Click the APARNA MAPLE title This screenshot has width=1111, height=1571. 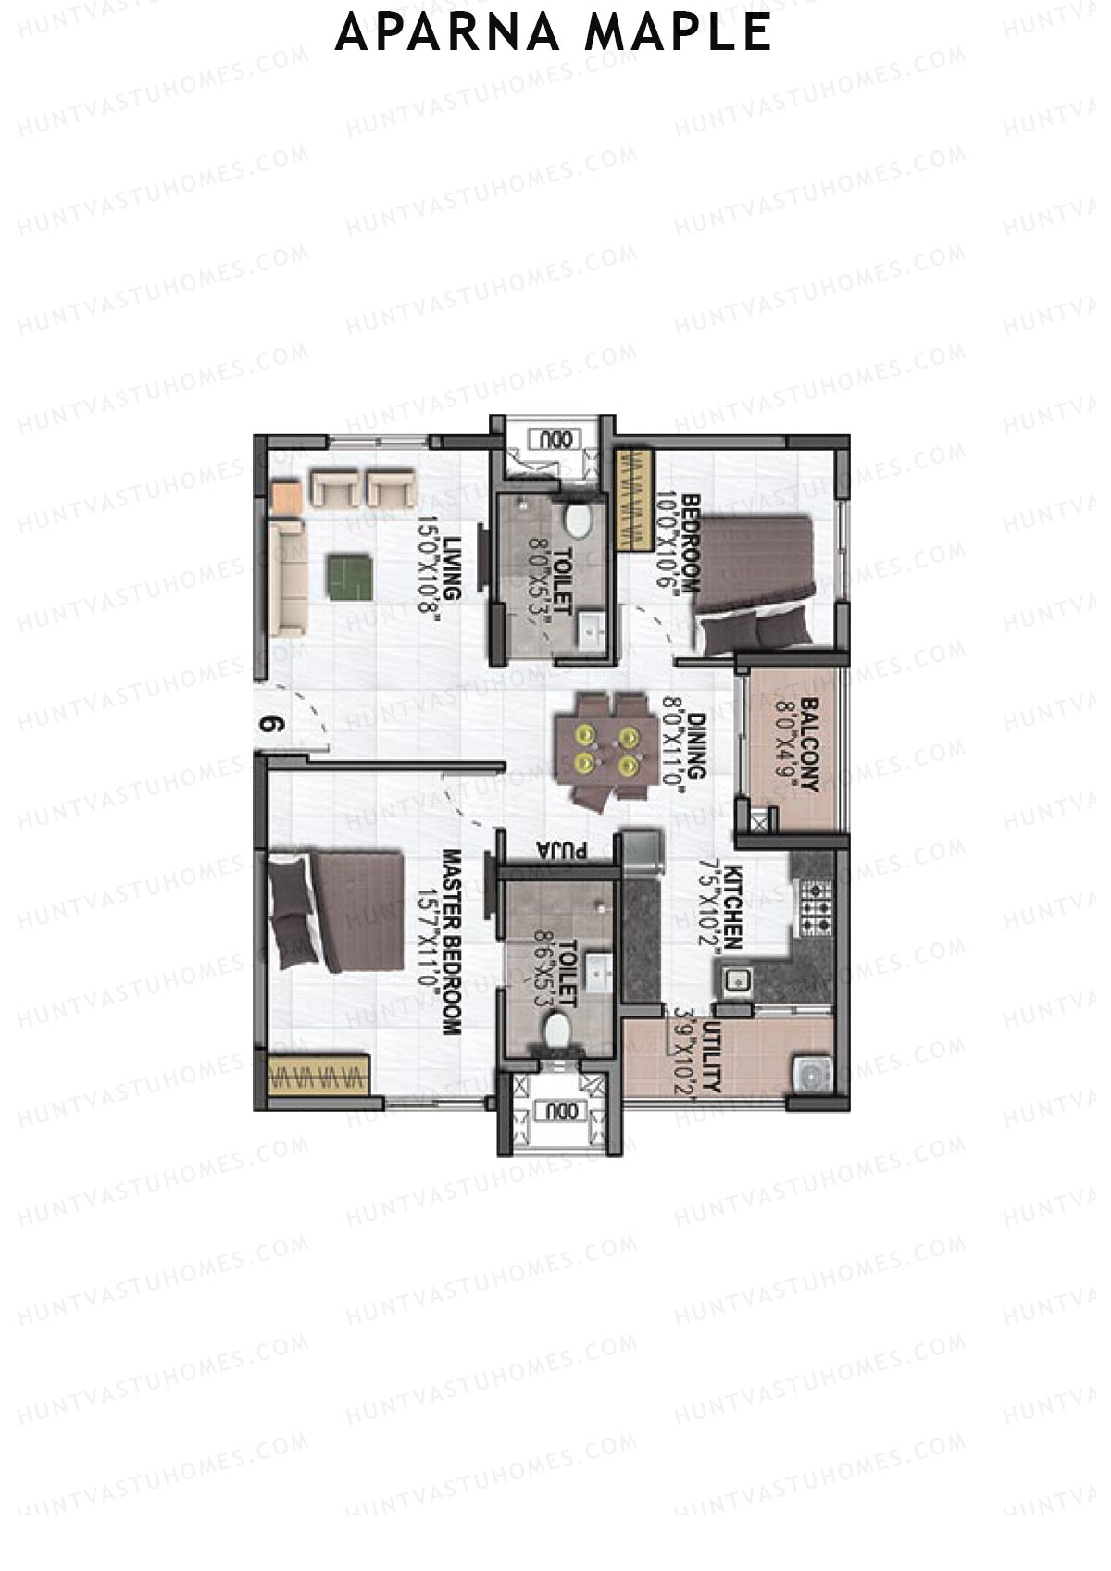click(554, 33)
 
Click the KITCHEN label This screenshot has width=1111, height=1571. click(732, 907)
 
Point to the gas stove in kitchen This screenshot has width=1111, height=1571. click(815, 907)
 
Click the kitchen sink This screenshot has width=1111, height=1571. click(737, 979)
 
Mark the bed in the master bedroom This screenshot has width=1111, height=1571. click(338, 910)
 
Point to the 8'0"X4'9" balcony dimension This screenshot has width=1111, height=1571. click(787, 744)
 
